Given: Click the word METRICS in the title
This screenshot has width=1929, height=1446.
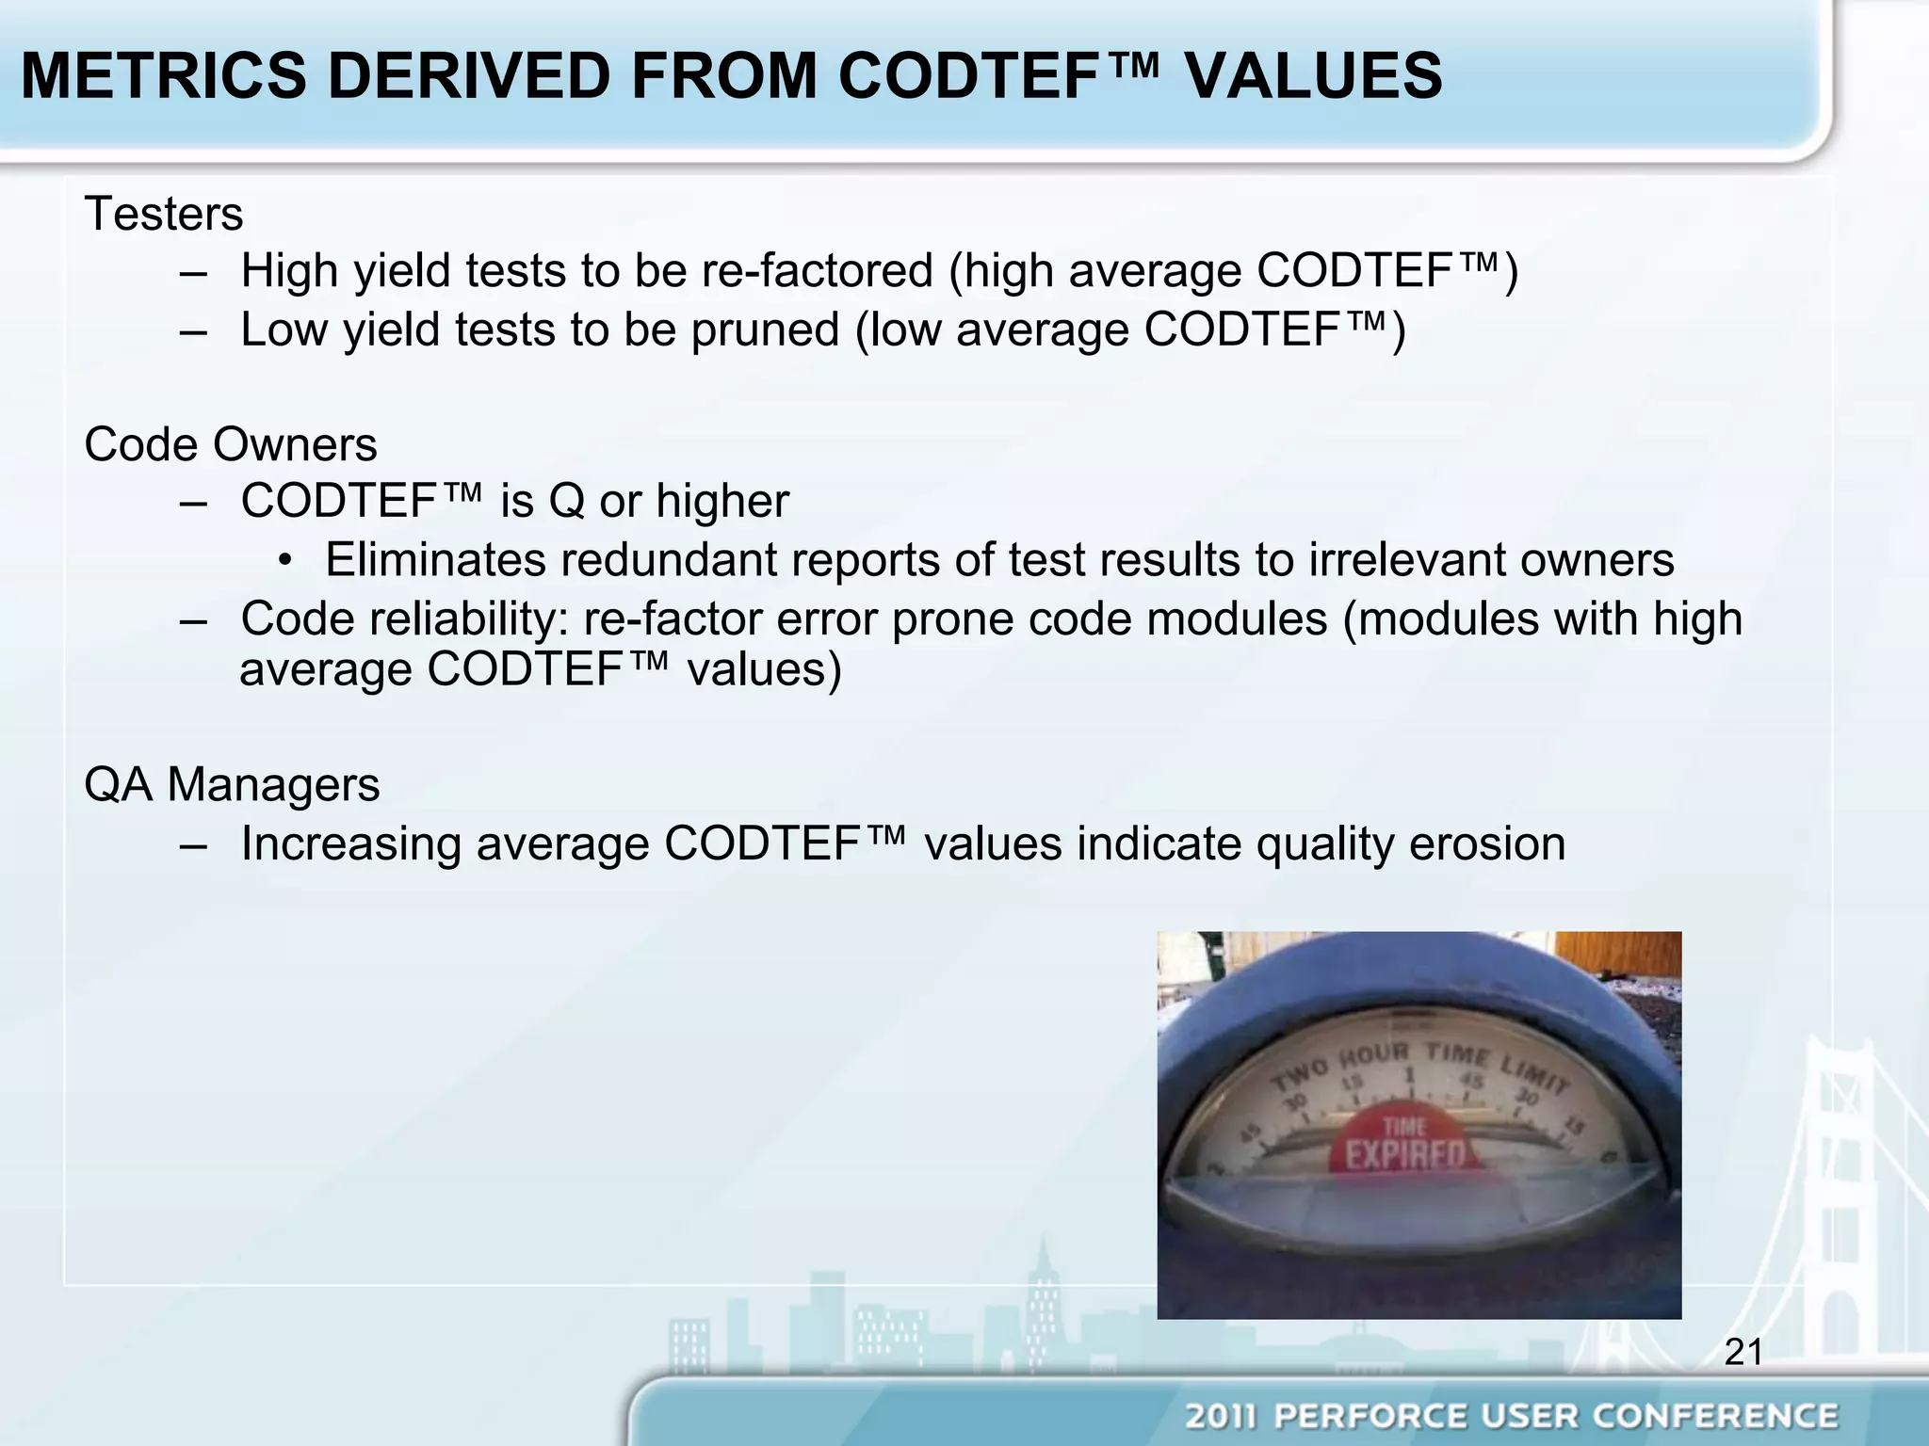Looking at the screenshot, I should coord(163,75).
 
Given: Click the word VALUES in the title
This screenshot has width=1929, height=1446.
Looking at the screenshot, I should coord(1313,75).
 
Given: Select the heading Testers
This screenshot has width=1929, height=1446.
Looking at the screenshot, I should coord(164,214).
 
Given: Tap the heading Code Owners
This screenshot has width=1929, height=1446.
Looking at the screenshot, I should coord(231,444).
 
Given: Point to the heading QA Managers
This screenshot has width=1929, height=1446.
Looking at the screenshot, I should coord(232,784).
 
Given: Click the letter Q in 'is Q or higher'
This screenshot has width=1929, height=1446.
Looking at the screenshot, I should coord(566,501).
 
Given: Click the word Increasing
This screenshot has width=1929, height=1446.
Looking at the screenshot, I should coord(350,843).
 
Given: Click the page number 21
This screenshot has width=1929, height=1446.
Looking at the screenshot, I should coord(1743,1352).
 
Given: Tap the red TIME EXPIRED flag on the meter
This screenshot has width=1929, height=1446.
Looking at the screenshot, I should coord(1404,1144).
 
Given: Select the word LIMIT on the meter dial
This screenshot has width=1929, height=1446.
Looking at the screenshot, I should coord(1533,1074).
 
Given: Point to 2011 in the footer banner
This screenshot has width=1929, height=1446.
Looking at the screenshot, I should coord(1221,1416).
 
